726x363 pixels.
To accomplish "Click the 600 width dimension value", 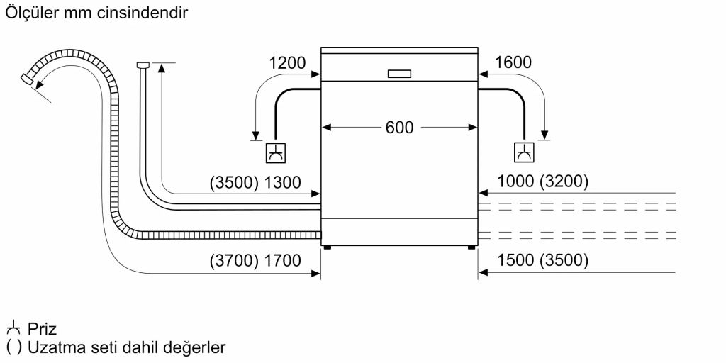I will tap(399, 128).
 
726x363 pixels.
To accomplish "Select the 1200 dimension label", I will tap(287, 63).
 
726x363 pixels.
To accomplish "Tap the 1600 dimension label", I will tap(512, 63).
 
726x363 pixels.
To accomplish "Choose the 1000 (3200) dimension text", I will tap(543, 182).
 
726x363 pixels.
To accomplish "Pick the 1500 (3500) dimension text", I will tap(543, 262).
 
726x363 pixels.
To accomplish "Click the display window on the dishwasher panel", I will tap(399, 73).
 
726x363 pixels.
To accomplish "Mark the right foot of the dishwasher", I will tap(471, 247).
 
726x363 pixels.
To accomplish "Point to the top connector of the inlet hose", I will tap(142, 65).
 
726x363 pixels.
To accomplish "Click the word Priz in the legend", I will tap(43, 329).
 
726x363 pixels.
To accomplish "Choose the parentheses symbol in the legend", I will tap(12, 347).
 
